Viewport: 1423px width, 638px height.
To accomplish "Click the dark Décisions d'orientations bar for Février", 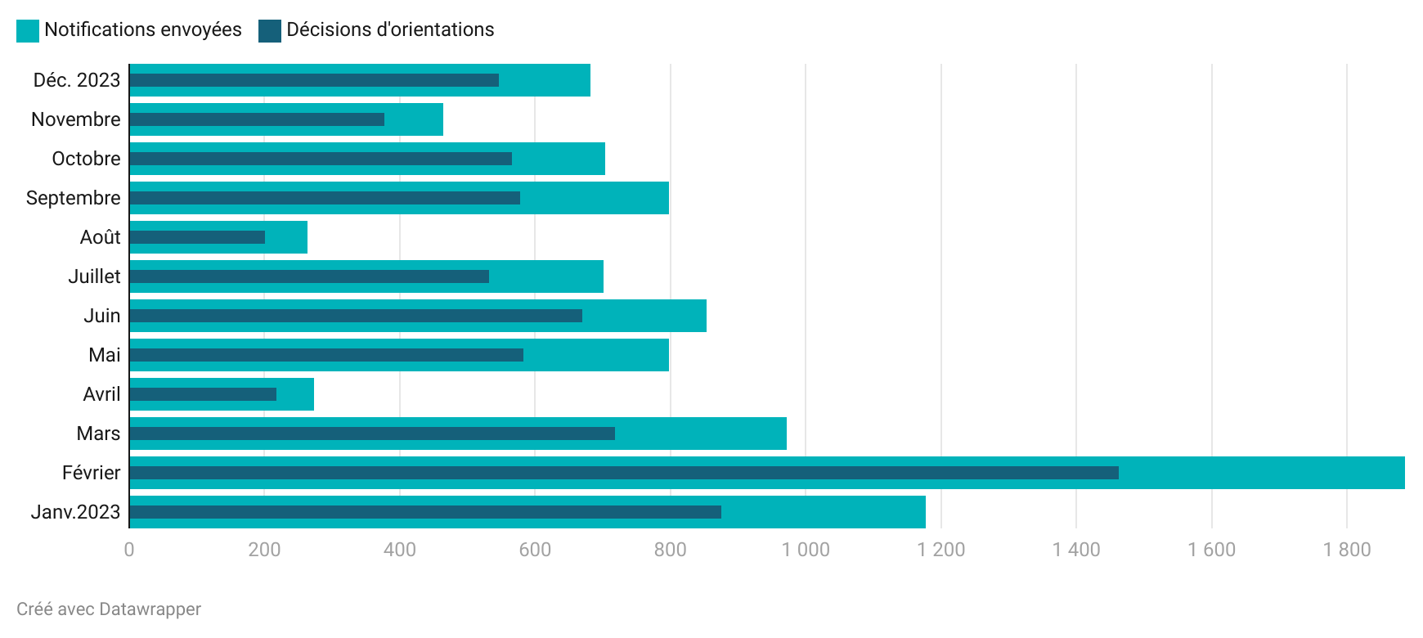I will point(623,473).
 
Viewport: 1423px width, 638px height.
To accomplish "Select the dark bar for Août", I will point(197,237).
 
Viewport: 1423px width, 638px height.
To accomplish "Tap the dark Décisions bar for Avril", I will point(203,394).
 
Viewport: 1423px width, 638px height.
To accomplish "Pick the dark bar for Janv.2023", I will point(425,512).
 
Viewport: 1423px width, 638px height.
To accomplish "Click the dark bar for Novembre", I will point(257,119).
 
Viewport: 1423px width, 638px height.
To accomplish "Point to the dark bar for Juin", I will point(356,316).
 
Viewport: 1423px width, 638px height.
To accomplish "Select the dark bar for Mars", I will point(372,434).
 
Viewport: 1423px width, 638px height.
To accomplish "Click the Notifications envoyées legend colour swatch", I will point(28,31).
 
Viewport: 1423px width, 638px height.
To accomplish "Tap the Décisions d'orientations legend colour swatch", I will point(270,31).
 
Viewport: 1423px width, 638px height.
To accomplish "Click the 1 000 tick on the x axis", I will point(806,550).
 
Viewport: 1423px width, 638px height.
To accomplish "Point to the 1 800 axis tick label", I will point(1347,550).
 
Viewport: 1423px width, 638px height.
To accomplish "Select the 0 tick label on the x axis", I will point(129,550).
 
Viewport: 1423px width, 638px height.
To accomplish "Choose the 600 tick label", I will point(535,550).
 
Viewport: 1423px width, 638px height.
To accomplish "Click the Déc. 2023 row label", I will point(77,80).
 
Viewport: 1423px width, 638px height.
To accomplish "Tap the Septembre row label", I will point(74,198).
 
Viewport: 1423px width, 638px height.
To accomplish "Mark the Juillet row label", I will point(94,276).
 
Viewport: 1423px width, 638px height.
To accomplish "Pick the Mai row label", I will point(105,355).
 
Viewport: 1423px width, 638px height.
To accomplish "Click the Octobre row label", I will point(86,159).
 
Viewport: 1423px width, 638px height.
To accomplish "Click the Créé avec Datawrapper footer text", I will point(109,609).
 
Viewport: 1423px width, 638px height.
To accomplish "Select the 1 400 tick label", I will point(1076,550).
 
